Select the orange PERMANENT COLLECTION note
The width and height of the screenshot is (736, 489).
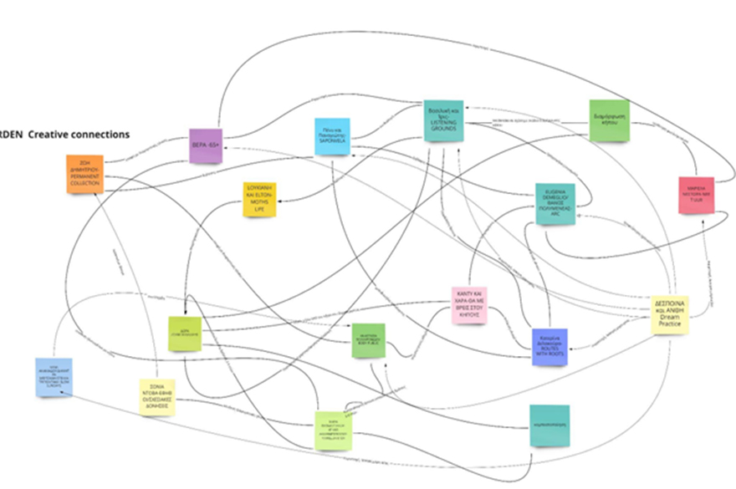(85, 174)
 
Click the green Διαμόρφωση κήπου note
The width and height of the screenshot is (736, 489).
(609, 120)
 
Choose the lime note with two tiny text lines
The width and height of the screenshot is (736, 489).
(187, 334)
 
